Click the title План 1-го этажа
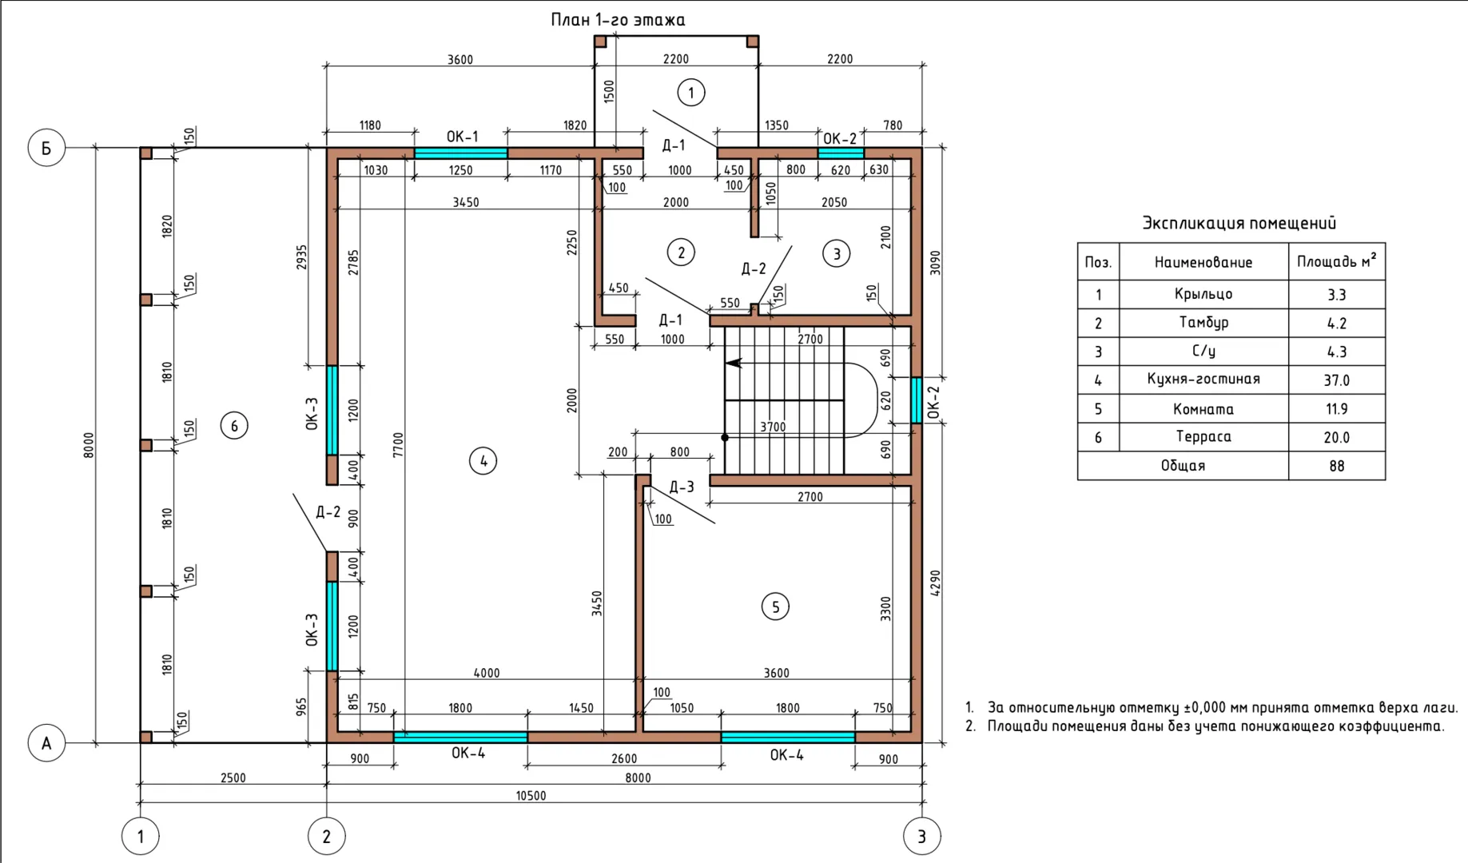(618, 20)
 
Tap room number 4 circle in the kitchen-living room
(483, 461)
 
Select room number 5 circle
(775, 607)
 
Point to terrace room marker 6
(234, 426)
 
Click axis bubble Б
(46, 149)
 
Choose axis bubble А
(46, 743)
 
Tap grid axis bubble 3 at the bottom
(921, 837)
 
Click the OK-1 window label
(462, 137)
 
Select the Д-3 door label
(681, 487)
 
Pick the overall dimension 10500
(531, 796)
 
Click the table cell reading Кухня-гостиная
(1203, 380)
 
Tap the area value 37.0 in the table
(1336, 380)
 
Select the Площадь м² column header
(1336, 261)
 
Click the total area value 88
(1337, 466)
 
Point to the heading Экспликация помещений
(1239, 223)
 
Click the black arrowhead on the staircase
(733, 363)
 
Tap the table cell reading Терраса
(1203, 436)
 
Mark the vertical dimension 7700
(398, 445)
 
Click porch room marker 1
(691, 93)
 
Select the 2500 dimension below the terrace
(233, 777)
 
